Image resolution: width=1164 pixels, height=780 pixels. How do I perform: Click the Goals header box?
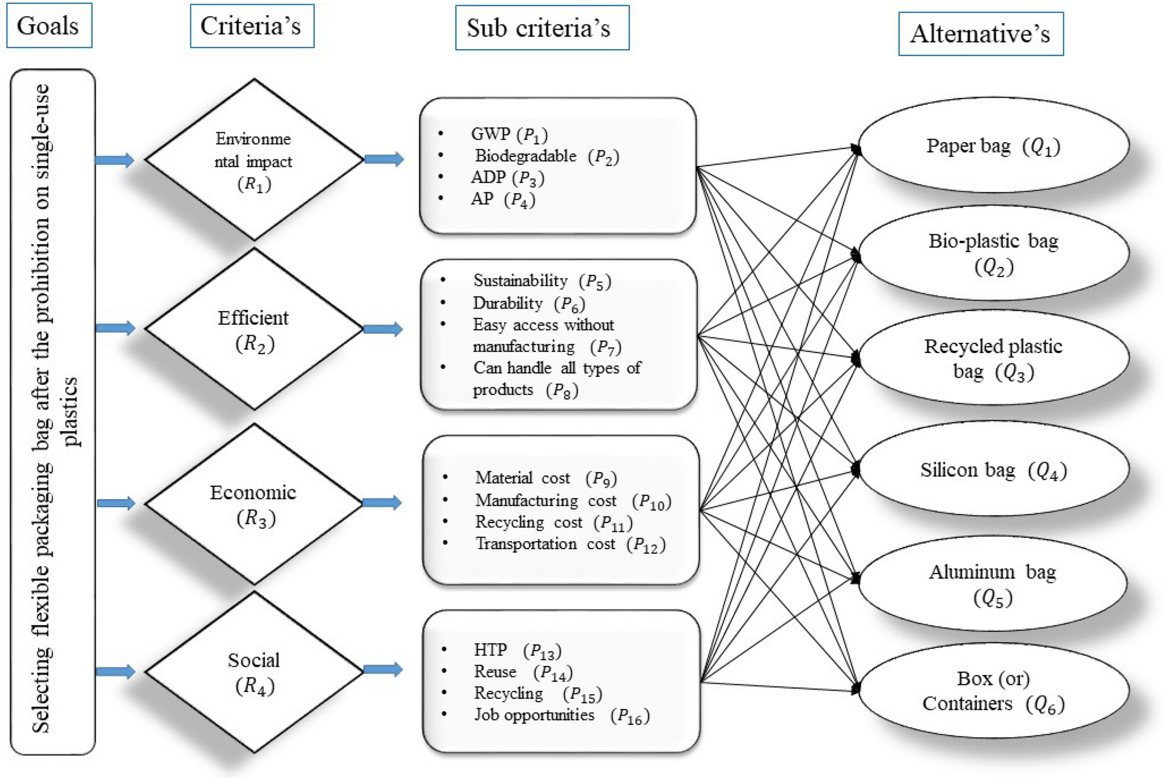(49, 26)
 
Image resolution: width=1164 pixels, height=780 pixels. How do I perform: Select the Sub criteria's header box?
(542, 28)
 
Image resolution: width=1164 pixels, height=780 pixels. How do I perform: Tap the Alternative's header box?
(980, 34)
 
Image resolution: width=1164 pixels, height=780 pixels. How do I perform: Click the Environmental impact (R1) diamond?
(253, 159)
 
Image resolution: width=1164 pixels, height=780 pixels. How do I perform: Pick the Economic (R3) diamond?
(253, 503)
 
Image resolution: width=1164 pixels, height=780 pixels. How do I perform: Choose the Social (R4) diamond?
(253, 672)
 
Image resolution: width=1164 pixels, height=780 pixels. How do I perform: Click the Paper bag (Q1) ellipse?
(993, 146)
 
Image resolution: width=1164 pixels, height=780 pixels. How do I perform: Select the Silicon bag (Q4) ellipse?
(993, 470)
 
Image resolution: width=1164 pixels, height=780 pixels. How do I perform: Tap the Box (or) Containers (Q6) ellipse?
(993, 691)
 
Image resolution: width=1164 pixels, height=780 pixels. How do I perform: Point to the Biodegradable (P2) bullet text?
(546, 156)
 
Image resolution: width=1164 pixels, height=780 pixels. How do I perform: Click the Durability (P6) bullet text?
(528, 303)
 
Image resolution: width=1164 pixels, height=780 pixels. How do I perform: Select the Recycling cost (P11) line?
(553, 523)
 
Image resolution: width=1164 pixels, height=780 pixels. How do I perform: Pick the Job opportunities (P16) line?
(561, 715)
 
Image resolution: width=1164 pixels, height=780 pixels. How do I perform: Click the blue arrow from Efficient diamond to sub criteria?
(383, 329)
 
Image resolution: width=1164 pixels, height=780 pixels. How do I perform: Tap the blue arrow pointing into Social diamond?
(115, 672)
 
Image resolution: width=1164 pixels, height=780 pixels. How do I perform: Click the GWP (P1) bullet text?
(509, 134)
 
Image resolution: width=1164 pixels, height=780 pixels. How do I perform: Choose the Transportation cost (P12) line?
(570, 544)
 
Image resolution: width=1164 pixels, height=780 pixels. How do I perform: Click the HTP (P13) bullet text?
(517, 650)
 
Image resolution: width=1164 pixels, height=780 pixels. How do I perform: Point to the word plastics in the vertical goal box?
(71, 411)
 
